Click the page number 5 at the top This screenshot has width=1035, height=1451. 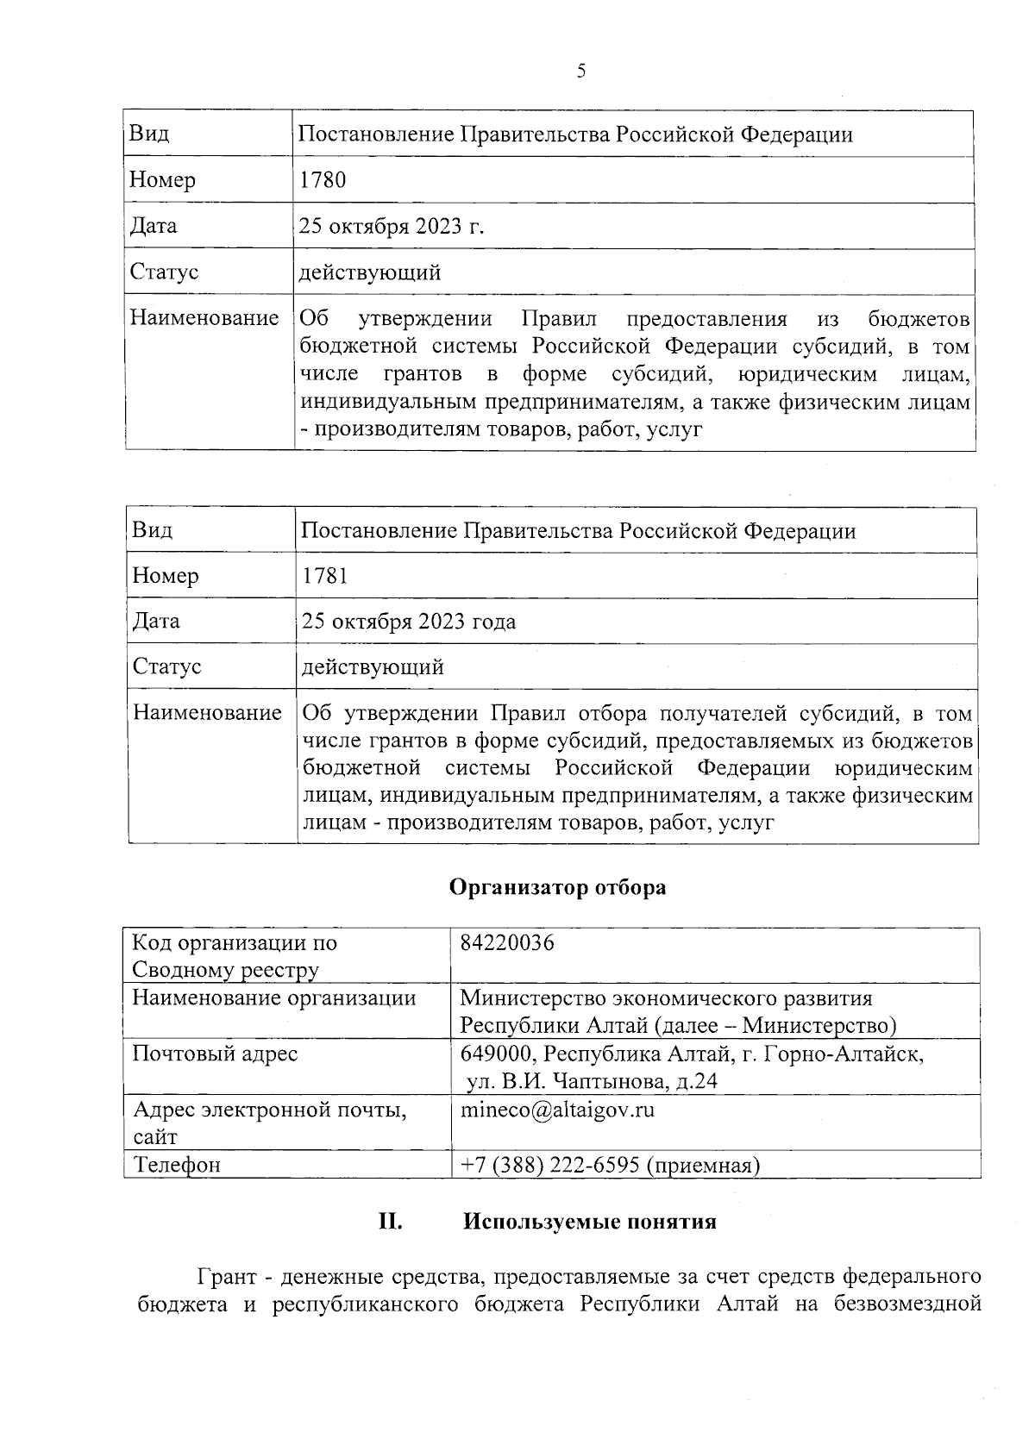580,72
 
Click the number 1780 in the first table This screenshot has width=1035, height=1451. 323,180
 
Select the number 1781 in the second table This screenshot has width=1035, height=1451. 325,576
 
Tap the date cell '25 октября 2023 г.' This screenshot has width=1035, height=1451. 392,226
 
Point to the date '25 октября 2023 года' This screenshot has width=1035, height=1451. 409,622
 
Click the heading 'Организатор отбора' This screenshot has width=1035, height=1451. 557,887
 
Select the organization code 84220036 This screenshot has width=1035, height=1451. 507,943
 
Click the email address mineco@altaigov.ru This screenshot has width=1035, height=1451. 557,1110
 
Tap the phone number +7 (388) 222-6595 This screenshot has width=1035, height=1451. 549,1166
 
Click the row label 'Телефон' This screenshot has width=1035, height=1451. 177,1166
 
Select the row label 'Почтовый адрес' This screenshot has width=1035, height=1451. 215,1054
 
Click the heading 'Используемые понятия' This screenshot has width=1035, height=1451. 590,1222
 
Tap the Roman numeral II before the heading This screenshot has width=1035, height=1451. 391,1222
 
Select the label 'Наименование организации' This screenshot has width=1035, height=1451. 273,998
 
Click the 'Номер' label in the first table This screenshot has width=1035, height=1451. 162,180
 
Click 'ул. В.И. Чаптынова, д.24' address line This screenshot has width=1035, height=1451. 592,1081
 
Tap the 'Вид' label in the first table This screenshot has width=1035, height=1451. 149,134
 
